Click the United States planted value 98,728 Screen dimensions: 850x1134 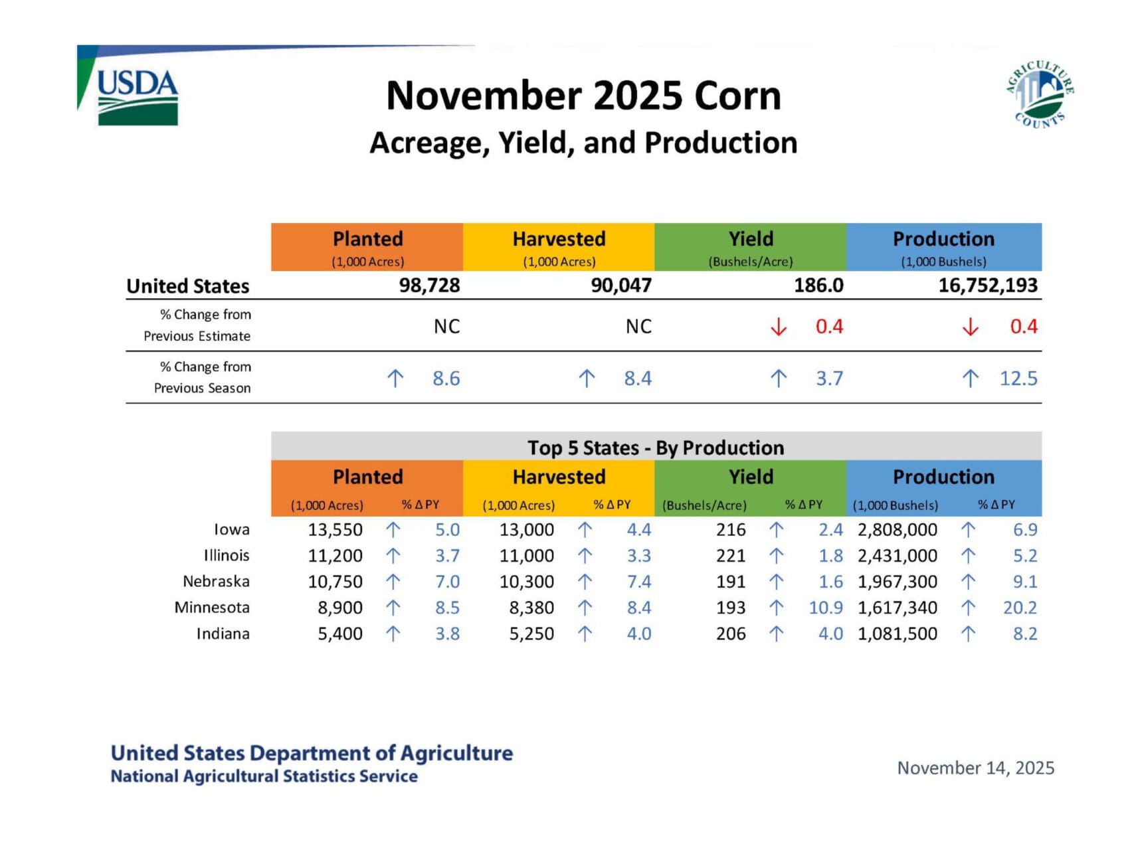(429, 286)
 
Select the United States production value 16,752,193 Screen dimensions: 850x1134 (987, 286)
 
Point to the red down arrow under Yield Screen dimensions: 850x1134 (778, 327)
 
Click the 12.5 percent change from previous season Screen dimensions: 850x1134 (1018, 379)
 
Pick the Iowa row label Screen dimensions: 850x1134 (231, 529)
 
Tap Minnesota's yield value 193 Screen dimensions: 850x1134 (731, 608)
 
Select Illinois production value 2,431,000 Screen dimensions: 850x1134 (897, 556)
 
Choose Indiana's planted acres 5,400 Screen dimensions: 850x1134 (340, 634)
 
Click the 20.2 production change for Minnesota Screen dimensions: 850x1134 (1019, 608)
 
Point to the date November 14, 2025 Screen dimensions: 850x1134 (975, 768)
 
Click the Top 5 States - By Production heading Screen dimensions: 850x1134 (656, 448)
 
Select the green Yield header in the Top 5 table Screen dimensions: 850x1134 (751, 477)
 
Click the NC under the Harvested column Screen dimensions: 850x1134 (638, 327)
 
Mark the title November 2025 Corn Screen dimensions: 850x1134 (583, 96)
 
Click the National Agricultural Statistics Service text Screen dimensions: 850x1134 (264, 776)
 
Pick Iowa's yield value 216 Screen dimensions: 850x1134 (731, 530)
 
